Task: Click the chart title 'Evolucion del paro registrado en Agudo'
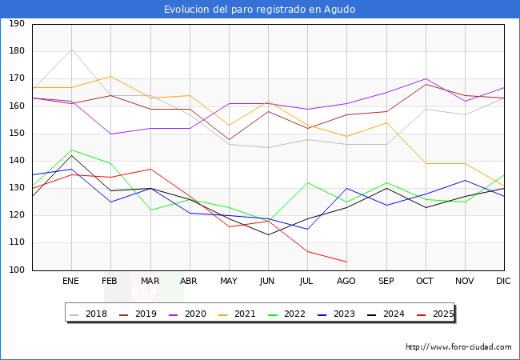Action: click(259, 9)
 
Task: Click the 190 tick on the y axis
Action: click(16, 24)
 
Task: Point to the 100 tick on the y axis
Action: click(16, 270)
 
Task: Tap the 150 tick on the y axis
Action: click(16, 134)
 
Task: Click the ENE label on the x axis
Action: click(71, 282)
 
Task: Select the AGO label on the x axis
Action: click(346, 282)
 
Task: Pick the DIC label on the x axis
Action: click(503, 282)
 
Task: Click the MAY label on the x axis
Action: click(229, 282)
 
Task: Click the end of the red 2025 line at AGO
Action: click(346, 262)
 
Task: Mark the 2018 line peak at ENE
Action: click(71, 49)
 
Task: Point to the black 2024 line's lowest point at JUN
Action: click(268, 234)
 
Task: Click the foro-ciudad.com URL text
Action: click(458, 347)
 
